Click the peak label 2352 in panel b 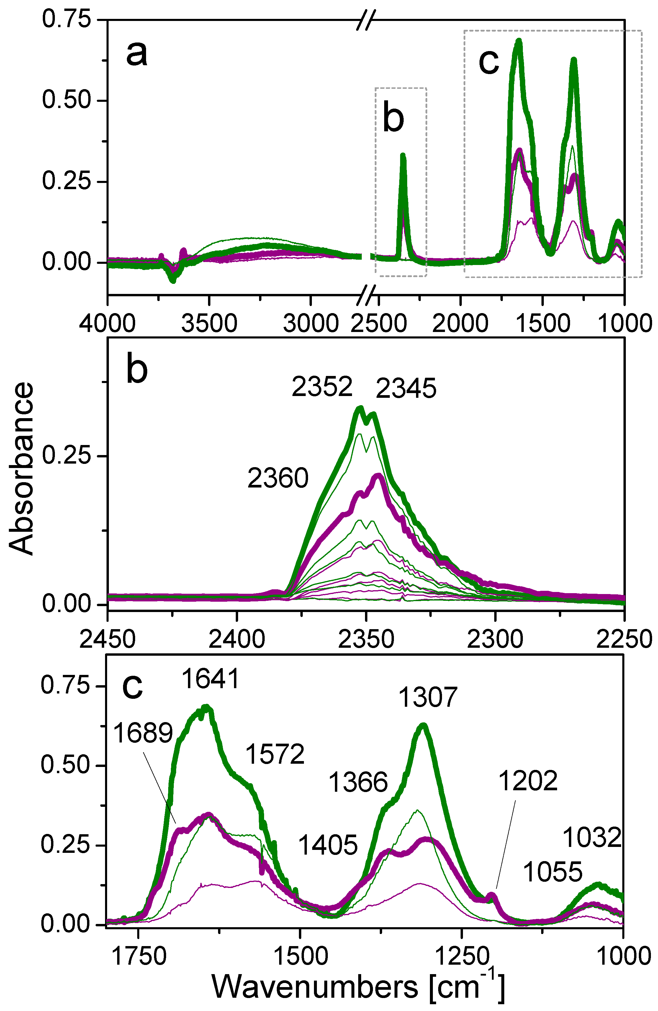click(x=322, y=387)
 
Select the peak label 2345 click(x=406, y=389)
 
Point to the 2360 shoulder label click(x=278, y=478)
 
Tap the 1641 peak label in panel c click(x=211, y=678)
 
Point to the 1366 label click(x=358, y=783)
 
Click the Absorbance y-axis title click(x=21, y=469)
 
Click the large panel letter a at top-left click(x=137, y=54)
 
